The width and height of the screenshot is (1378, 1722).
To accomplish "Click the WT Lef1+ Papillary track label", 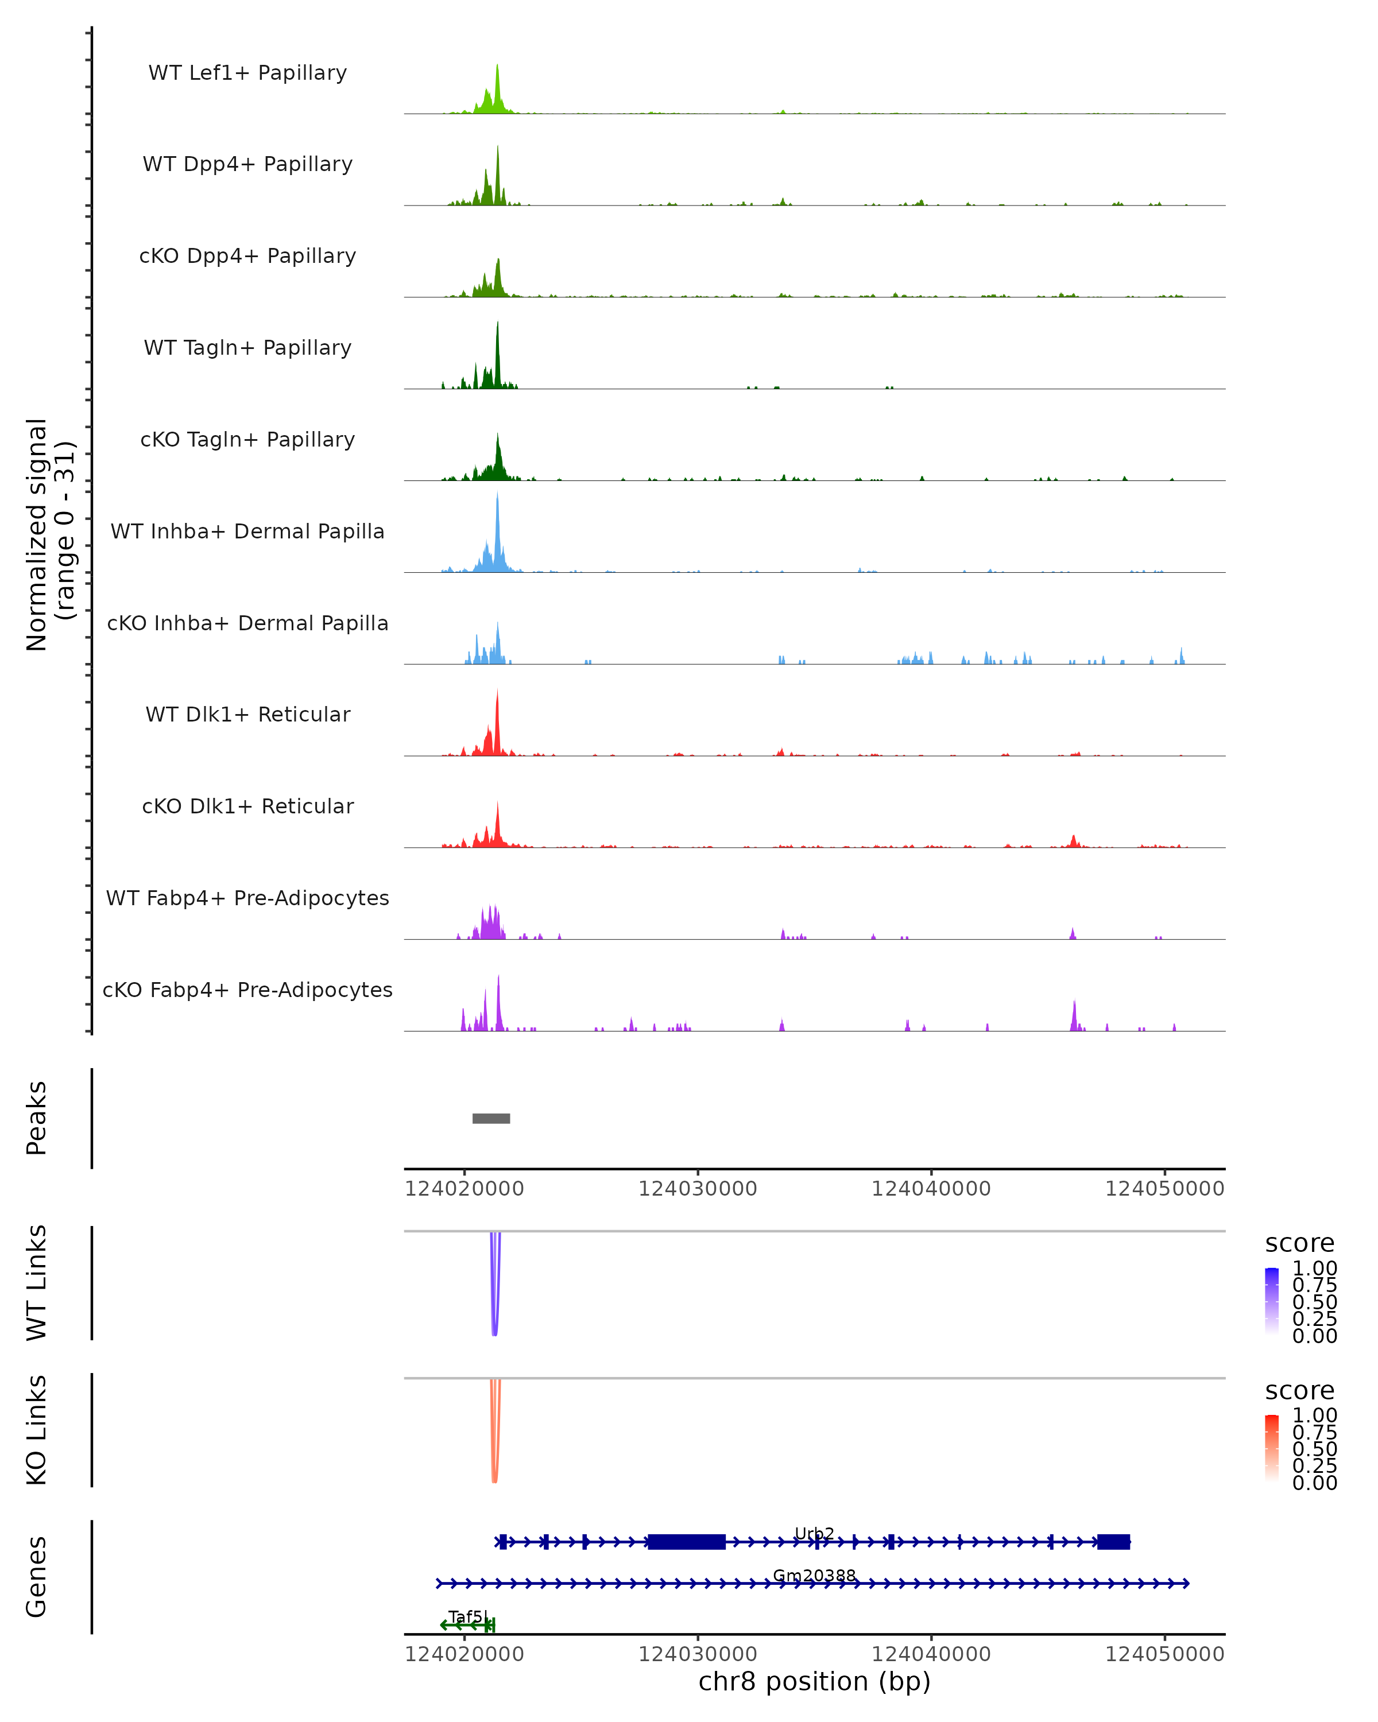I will point(247,73).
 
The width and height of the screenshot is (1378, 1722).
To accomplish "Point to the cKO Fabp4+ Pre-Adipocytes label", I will point(247,990).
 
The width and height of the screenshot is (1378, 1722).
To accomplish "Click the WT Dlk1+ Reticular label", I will point(247,715).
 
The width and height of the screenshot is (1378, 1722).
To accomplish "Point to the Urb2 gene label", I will point(814,1534).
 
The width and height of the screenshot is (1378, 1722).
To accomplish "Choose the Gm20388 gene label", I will point(814,1576).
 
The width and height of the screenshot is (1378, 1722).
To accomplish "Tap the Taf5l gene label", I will point(468,1616).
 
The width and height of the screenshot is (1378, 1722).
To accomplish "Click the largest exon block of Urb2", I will point(686,1542).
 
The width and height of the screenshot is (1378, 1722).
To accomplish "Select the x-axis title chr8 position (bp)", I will point(814,1681).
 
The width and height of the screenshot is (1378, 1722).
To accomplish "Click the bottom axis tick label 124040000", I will point(931,1653).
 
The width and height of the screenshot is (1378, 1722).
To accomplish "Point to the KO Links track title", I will point(37,1430).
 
